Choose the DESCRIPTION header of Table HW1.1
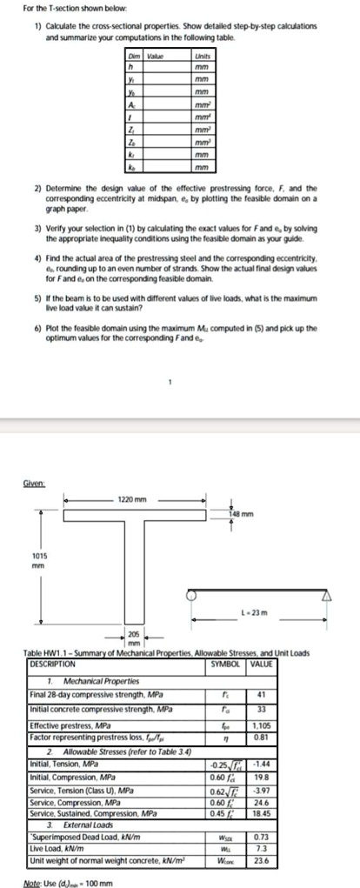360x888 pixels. [55, 664]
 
